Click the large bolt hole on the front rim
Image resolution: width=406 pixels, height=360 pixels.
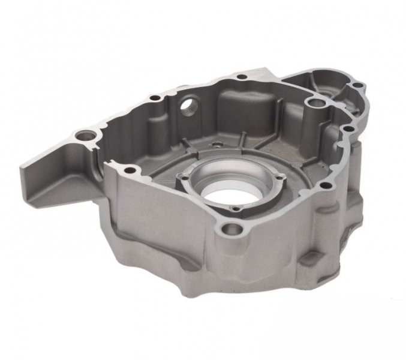click(233, 228)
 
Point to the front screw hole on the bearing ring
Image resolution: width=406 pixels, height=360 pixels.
click(236, 209)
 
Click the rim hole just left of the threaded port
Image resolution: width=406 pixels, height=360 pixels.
click(155, 97)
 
